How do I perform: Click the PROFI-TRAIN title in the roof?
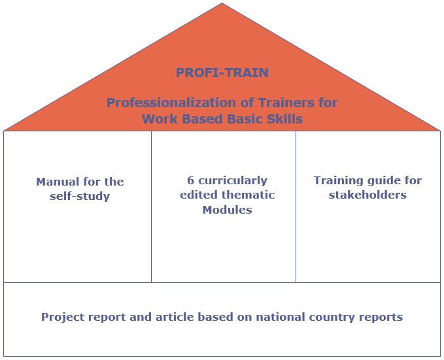(x=222, y=73)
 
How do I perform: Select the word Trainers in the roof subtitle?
(x=286, y=102)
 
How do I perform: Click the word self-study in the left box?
(x=80, y=196)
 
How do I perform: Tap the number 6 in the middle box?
(x=190, y=180)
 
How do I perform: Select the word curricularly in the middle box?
(x=233, y=181)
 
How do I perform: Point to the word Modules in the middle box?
(x=228, y=210)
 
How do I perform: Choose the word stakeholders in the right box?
(x=367, y=195)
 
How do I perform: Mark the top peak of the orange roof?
(x=222, y=3)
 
